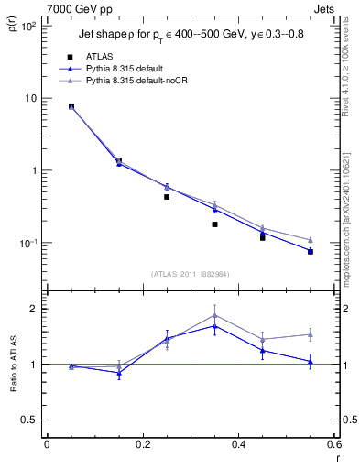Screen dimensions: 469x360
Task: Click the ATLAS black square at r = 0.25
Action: pyautogui.click(x=167, y=197)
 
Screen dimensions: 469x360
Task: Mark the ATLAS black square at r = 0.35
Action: pyautogui.click(x=214, y=224)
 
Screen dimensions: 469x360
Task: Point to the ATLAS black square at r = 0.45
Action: pyautogui.click(x=262, y=237)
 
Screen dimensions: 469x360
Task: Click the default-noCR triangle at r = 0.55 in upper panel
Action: pyautogui.click(x=311, y=240)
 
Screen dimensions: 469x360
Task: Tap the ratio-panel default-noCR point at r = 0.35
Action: pyautogui.click(x=214, y=315)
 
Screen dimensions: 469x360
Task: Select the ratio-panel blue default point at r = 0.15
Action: pyautogui.click(x=119, y=373)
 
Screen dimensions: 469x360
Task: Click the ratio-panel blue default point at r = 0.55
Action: pyautogui.click(x=311, y=362)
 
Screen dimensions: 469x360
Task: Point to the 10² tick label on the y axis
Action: pyautogui.click(x=27, y=26)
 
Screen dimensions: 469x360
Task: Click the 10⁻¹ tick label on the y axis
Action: pyautogui.click(x=27, y=243)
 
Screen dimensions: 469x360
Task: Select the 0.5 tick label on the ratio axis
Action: pyautogui.click(x=30, y=420)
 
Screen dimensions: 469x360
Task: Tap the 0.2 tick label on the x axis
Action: pyautogui.click(x=142, y=444)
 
